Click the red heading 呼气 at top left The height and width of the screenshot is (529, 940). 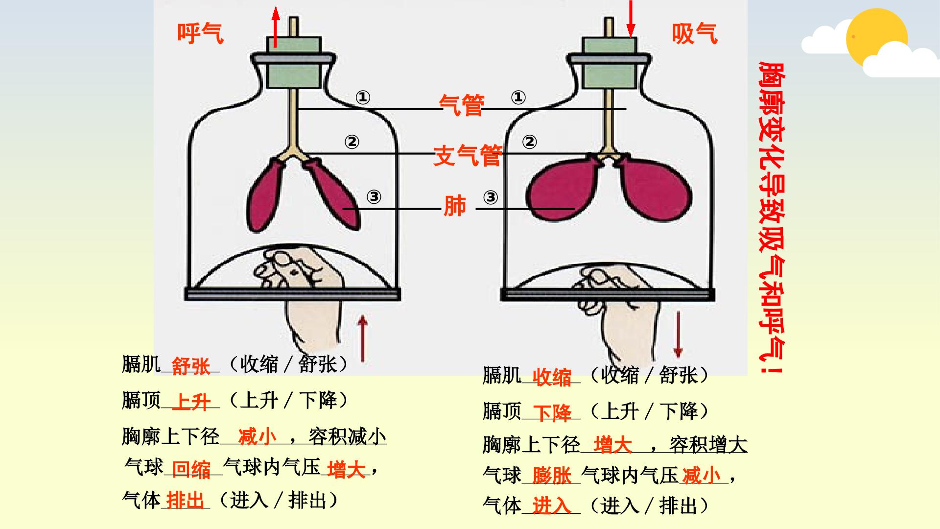click(x=200, y=34)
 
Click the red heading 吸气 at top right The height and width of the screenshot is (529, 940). click(x=695, y=34)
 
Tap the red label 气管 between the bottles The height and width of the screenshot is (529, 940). click(x=462, y=105)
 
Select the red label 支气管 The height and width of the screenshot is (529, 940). click(x=468, y=155)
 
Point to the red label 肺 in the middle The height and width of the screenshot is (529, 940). click(x=454, y=206)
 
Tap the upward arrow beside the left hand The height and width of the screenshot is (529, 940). click(x=362, y=338)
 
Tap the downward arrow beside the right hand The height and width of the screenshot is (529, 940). click(x=678, y=335)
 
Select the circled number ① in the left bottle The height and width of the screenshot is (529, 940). click(x=362, y=98)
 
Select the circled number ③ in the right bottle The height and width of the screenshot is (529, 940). click(x=491, y=197)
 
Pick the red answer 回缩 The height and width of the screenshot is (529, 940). click(x=191, y=469)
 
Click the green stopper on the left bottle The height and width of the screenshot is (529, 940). click(x=294, y=62)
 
